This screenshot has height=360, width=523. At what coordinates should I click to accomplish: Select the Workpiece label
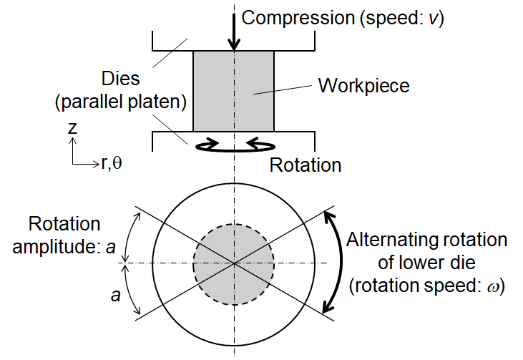pos(363,86)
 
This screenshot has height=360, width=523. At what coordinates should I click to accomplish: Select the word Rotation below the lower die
pos(305,165)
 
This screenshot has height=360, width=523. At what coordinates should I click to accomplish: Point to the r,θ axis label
pos(112,163)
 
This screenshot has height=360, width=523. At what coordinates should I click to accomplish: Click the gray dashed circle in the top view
pos(234,263)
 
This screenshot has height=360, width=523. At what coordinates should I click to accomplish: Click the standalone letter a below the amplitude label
pos(115,293)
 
